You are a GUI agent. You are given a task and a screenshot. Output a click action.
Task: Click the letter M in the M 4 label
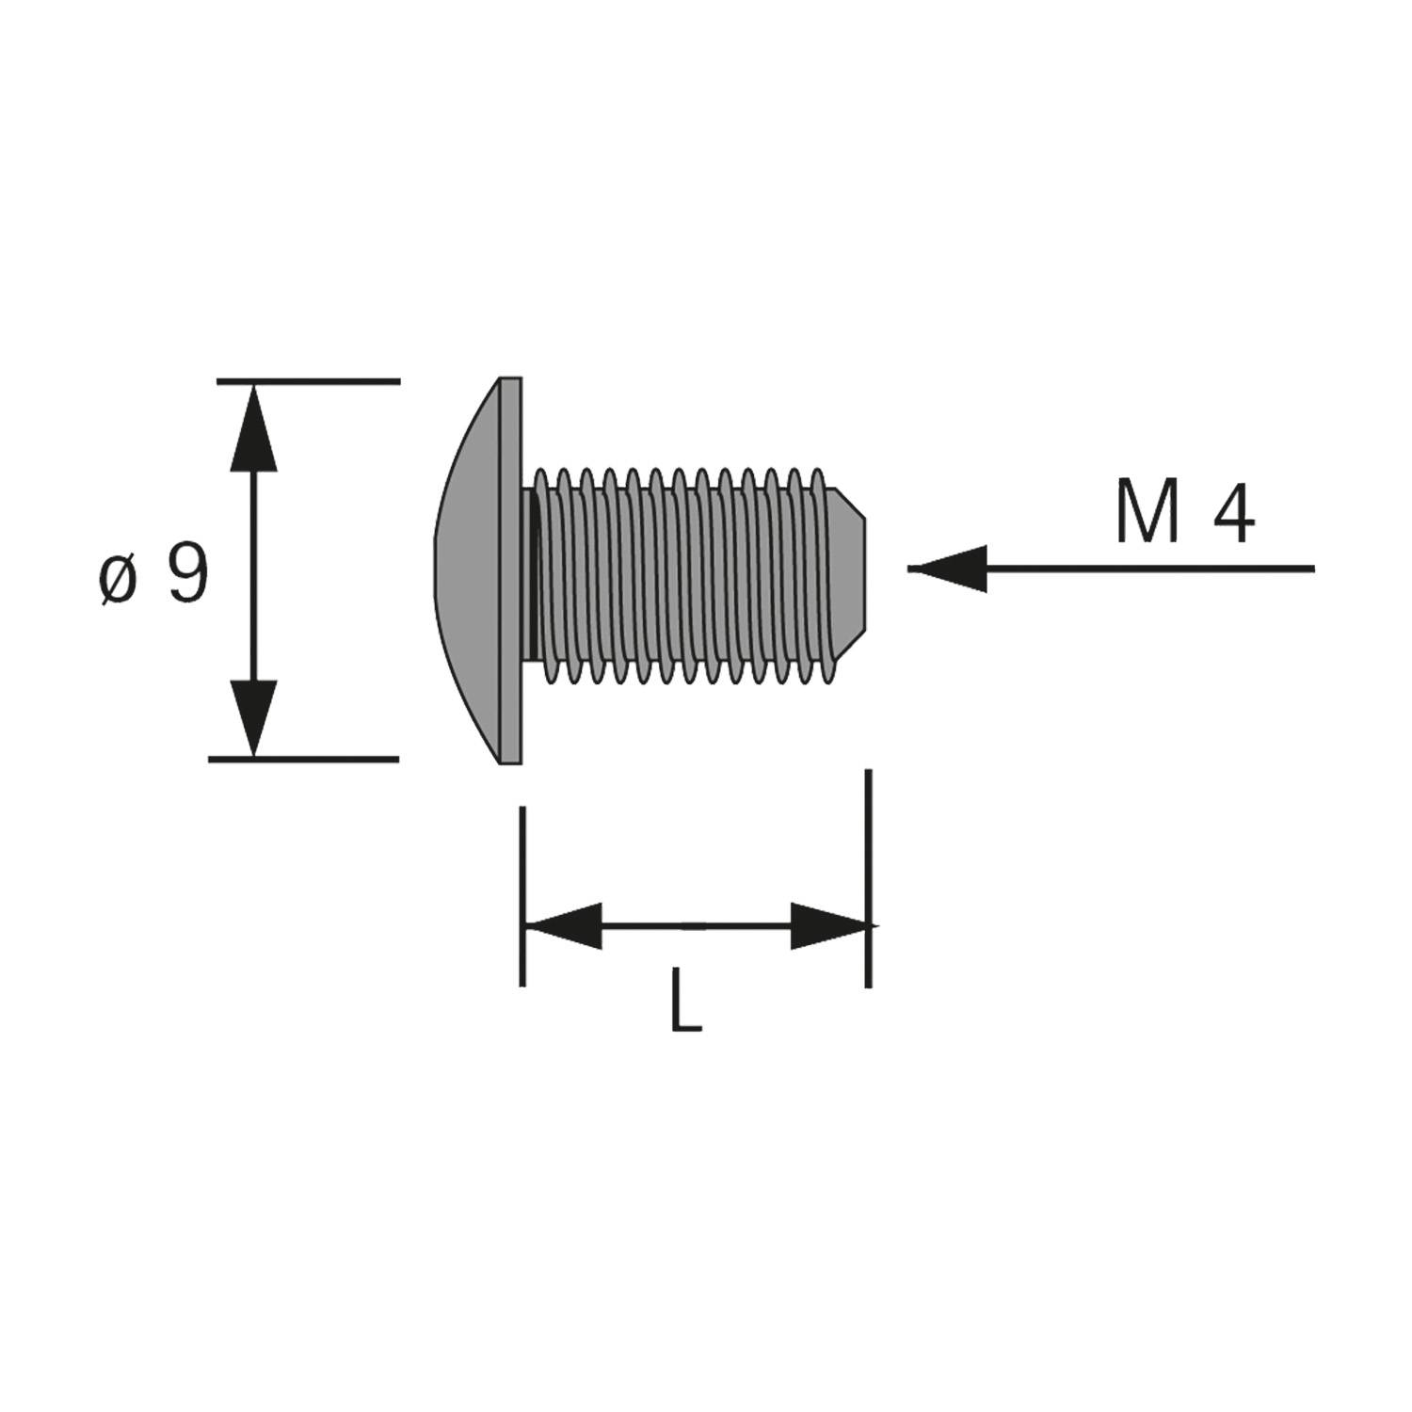[x=1148, y=512]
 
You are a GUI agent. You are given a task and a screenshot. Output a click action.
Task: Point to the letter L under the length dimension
[x=685, y=1001]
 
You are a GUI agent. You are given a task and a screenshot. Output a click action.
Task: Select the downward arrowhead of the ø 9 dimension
[x=254, y=715]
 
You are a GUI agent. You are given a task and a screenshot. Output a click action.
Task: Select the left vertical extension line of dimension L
[x=522, y=894]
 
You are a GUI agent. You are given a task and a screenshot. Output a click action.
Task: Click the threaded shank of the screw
[x=678, y=574]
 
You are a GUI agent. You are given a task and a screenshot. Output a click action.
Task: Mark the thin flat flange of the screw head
[x=511, y=570]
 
